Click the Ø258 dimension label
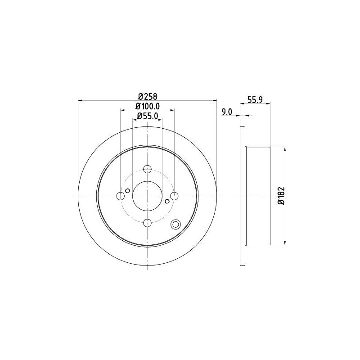148,97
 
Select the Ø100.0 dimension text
148,106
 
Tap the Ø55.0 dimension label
148,117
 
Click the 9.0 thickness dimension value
227,112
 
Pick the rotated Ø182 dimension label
281,196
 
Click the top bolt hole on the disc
147,170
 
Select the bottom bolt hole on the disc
147,222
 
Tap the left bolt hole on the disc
121,196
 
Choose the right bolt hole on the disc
174,196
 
